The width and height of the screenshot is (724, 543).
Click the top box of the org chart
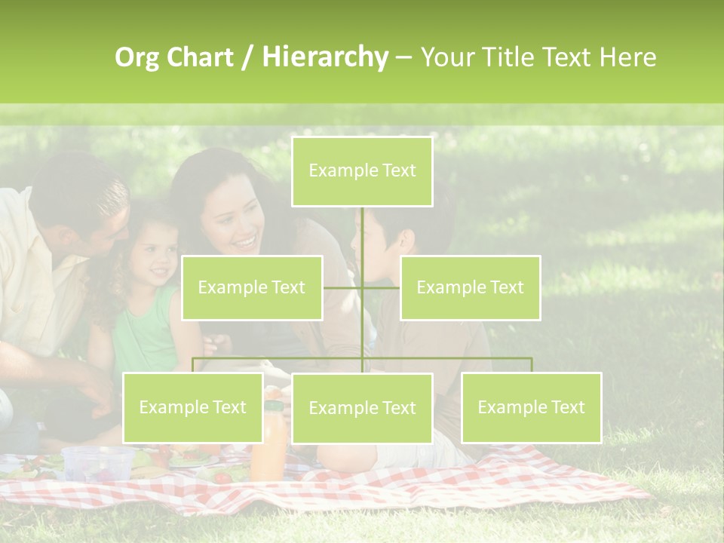[362, 171]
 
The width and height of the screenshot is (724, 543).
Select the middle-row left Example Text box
[252, 287]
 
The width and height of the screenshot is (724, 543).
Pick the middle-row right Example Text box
[470, 287]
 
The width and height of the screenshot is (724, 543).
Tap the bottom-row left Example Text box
[193, 407]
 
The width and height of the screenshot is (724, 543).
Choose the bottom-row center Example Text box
[362, 408]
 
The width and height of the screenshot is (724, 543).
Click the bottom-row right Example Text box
[531, 407]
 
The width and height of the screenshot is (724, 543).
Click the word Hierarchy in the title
[325, 57]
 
